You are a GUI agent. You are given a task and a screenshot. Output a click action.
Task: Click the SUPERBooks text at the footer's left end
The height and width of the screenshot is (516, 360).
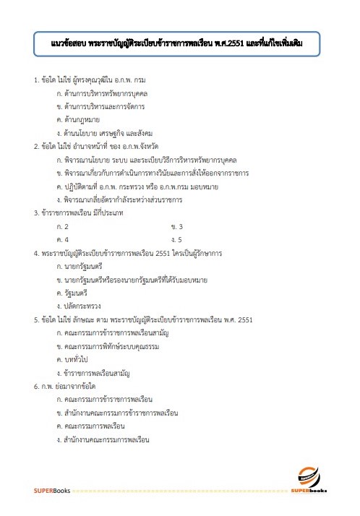pyautogui.click(x=51, y=491)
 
